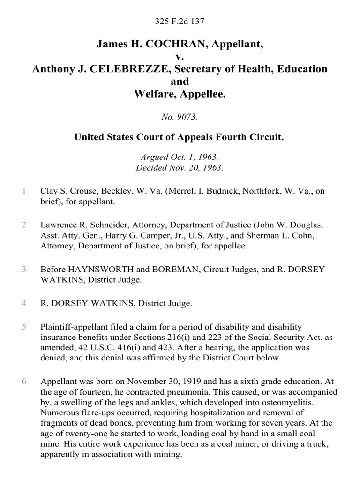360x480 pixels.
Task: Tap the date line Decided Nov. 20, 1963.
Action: tap(180, 168)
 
